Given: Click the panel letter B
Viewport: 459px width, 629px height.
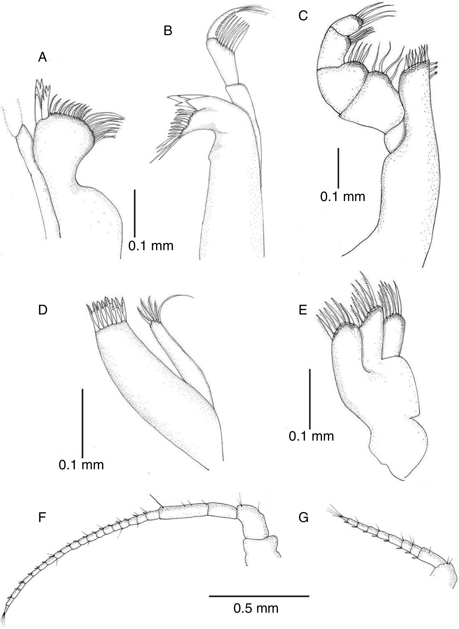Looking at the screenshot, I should [168, 31].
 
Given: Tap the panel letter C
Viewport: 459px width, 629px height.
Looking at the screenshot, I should [303, 16].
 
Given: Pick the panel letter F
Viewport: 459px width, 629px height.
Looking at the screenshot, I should [42, 518].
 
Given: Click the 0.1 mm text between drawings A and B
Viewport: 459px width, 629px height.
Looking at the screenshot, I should [151, 246].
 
